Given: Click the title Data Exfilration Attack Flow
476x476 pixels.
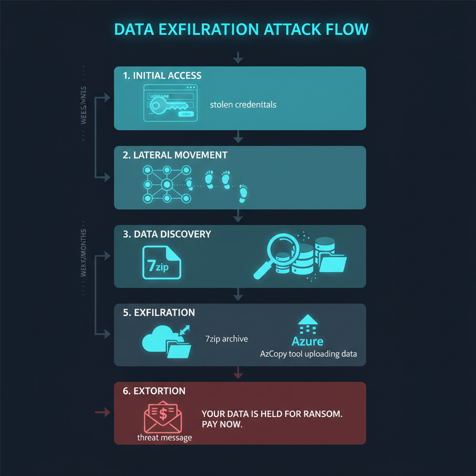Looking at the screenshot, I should tap(241, 29).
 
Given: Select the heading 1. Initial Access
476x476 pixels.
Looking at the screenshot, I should tap(162, 75).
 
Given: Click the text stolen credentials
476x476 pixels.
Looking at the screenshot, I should tap(243, 105).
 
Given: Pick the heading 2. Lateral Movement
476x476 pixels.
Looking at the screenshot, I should tap(175, 155).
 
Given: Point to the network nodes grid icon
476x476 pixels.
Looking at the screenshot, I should tap(166, 184).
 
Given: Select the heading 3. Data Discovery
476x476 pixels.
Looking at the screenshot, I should tap(167, 234).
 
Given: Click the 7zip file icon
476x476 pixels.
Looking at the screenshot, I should tap(161, 263).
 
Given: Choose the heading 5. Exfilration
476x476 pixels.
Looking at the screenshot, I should tap(159, 312).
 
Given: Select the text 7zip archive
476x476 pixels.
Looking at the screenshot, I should tap(226, 339).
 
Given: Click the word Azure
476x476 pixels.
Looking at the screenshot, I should tap(307, 342).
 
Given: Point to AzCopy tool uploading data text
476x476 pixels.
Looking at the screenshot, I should tap(308, 354).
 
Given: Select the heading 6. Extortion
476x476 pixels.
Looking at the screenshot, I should tap(154, 391).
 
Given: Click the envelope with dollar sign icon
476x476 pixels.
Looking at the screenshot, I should tap(163, 416).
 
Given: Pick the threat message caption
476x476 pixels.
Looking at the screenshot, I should tap(165, 437).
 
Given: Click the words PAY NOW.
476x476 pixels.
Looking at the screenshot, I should tap(222, 425).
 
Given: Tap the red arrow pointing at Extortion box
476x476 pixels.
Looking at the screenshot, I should tap(103, 412).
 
